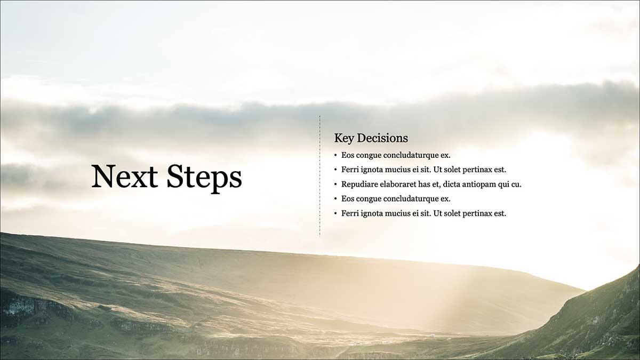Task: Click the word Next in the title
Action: (x=125, y=176)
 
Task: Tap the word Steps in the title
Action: (x=204, y=179)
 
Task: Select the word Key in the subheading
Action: (x=344, y=139)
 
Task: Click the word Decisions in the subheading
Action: (x=382, y=138)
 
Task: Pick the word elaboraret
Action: (x=398, y=185)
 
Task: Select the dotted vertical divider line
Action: (x=319, y=177)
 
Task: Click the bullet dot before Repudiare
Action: (x=335, y=185)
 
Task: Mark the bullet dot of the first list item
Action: (x=335, y=155)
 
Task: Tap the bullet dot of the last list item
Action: (x=335, y=214)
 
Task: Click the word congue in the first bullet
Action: (x=369, y=156)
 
